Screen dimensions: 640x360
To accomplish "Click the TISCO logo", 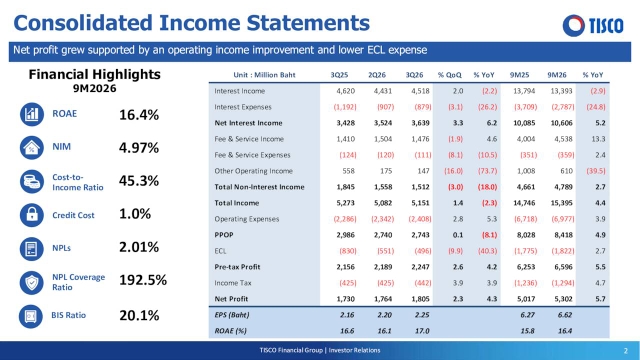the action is (593, 25).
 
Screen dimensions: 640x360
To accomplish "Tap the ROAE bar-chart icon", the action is (32, 114).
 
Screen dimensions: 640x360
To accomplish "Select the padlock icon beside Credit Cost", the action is (32, 215).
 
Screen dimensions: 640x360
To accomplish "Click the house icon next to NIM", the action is (32, 147).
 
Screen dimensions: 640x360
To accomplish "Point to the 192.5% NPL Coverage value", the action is (143, 280).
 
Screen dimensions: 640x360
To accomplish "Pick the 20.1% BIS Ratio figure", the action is (139, 316).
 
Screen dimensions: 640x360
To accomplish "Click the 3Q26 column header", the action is (414, 75).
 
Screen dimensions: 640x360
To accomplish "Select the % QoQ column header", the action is (450, 75).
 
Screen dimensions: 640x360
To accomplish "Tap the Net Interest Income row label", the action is (248, 123).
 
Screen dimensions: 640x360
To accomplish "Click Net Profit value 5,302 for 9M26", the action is (563, 299).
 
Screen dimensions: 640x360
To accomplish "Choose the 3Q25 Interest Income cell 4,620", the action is (345, 91).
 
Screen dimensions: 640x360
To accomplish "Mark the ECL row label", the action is (220, 251).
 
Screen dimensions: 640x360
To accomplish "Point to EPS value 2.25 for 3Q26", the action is (422, 315).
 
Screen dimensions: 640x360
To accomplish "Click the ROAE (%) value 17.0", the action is (422, 331).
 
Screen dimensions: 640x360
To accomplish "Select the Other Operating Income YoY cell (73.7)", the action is (487, 171).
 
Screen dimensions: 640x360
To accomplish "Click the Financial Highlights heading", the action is (94, 74).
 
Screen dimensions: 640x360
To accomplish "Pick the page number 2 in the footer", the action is (626, 351).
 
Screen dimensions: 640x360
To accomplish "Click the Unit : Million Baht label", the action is (264, 75).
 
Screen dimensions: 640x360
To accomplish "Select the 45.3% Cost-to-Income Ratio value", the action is (139, 181).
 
